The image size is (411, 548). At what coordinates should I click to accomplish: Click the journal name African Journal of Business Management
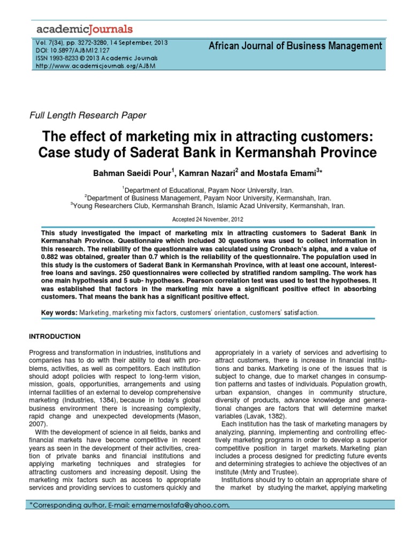coord(295,46)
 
